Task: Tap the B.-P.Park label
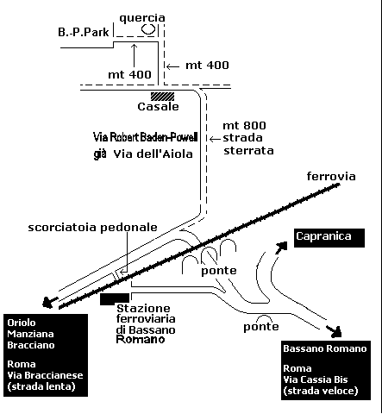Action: pyautogui.click(x=84, y=32)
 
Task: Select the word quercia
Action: pyautogui.click(x=142, y=18)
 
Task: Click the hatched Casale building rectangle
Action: pyautogui.click(x=162, y=97)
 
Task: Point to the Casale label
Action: pyautogui.click(x=158, y=107)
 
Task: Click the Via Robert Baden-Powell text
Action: pyautogui.click(x=146, y=137)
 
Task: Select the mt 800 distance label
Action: pyautogui.click(x=244, y=126)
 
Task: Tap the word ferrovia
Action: pyautogui.click(x=331, y=176)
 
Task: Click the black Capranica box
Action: pyautogui.click(x=329, y=238)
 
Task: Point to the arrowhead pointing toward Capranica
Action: pyautogui.click(x=281, y=248)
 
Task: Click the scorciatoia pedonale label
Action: pyautogui.click(x=92, y=228)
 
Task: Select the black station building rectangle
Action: pyautogui.click(x=115, y=299)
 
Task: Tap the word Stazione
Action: pyautogui.click(x=143, y=309)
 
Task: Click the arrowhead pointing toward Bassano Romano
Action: pyautogui.click(x=335, y=331)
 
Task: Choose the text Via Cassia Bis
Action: pyautogui.click(x=316, y=379)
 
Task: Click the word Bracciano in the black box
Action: pyautogui.click(x=31, y=345)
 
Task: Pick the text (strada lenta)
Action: pyautogui.click(x=41, y=386)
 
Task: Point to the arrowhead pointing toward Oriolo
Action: pyautogui.click(x=49, y=303)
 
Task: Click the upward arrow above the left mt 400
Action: pyautogui.click(x=134, y=55)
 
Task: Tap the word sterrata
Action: pyautogui.click(x=248, y=151)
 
